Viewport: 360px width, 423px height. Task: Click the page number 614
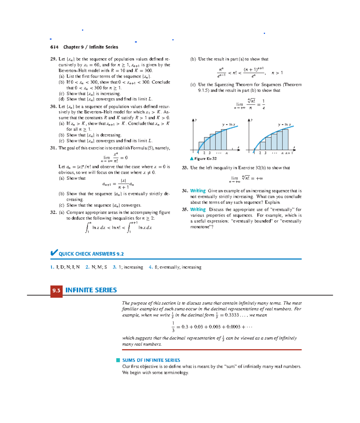coord(54,47)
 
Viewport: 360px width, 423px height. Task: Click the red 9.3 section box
coord(56,290)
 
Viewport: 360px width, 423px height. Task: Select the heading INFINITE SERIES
coord(91,290)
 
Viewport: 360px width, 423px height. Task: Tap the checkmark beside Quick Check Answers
coord(54,253)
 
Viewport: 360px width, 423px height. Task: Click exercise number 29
coord(53,59)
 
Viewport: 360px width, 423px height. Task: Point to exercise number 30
coord(53,106)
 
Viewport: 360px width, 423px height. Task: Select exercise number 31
coord(53,148)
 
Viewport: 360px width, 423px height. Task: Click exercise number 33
coord(185,168)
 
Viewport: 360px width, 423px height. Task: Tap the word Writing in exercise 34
coord(198,191)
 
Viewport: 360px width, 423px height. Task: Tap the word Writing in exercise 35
coord(198,210)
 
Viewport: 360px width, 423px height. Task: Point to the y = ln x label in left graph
coord(229,124)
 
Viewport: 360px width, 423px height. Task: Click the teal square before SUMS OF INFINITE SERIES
coord(118,360)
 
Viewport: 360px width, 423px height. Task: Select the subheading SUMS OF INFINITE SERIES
coord(151,360)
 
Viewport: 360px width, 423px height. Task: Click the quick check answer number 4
coord(151,267)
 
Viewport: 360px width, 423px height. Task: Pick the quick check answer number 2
coord(87,267)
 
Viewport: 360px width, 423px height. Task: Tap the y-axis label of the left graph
coord(196,120)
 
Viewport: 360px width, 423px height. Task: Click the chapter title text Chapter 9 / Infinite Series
coord(91,47)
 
